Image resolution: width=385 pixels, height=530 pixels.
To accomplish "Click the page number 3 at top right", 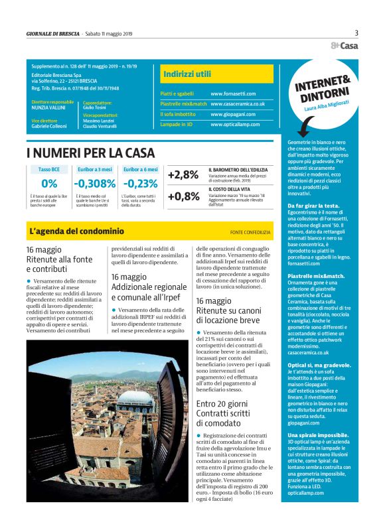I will pyautogui.click(x=356, y=33).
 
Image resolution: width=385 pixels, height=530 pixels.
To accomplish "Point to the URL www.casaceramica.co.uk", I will pyautogui.click(x=238, y=104).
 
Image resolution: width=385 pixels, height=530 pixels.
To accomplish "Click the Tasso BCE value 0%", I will pyautogui.click(x=49, y=184).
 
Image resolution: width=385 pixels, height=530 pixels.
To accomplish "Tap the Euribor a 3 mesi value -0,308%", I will pyautogui.click(x=95, y=184).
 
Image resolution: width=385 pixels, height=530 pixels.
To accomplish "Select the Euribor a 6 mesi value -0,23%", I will pyautogui.click(x=141, y=184).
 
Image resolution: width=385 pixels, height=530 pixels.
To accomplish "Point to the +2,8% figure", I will pyautogui.click(x=183, y=175).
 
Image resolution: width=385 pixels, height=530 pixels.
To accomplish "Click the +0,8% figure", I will pyautogui.click(x=183, y=196).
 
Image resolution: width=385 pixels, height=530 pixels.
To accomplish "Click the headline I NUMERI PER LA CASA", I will pyautogui.click(x=90, y=153).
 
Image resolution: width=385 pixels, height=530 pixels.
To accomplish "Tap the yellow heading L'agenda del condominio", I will pyautogui.click(x=76, y=232).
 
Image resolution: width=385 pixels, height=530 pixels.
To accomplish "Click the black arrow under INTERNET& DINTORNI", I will pyautogui.click(x=302, y=126).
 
